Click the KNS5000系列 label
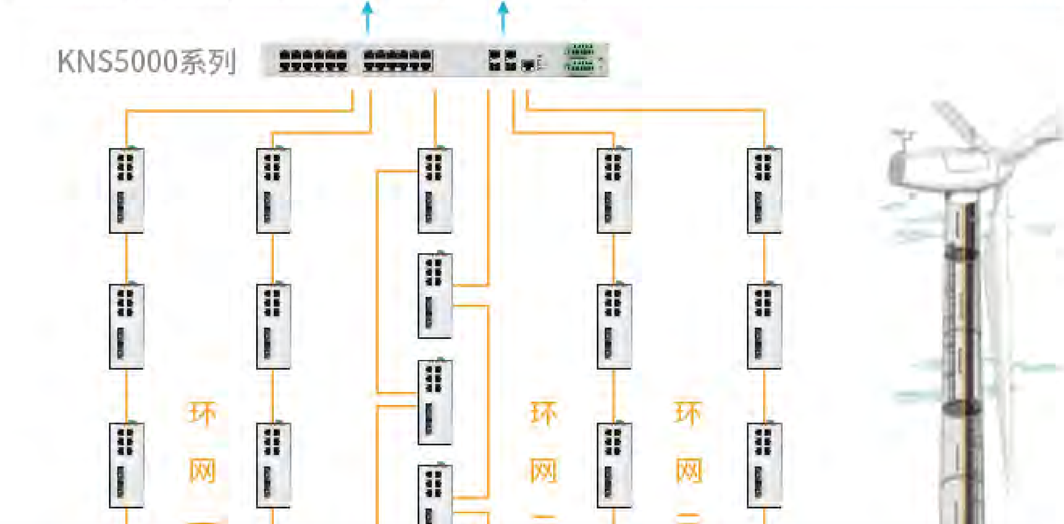tap(146, 61)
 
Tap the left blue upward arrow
tap(368, 17)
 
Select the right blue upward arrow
tap(503, 17)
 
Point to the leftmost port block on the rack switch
tap(313, 61)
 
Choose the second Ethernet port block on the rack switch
tap(398, 61)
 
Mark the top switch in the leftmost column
tap(127, 191)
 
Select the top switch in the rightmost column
tap(764, 191)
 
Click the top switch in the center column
tap(435, 191)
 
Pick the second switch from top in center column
tap(435, 296)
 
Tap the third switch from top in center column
tap(435, 402)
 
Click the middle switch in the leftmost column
tap(127, 326)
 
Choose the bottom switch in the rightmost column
tap(764, 465)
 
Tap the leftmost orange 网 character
tap(202, 471)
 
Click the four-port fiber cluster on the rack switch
tap(503, 60)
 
